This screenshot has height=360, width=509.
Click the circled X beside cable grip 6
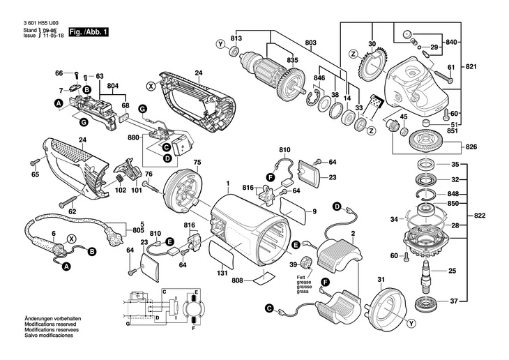tap(70, 238)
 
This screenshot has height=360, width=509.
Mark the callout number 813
tap(236, 37)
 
